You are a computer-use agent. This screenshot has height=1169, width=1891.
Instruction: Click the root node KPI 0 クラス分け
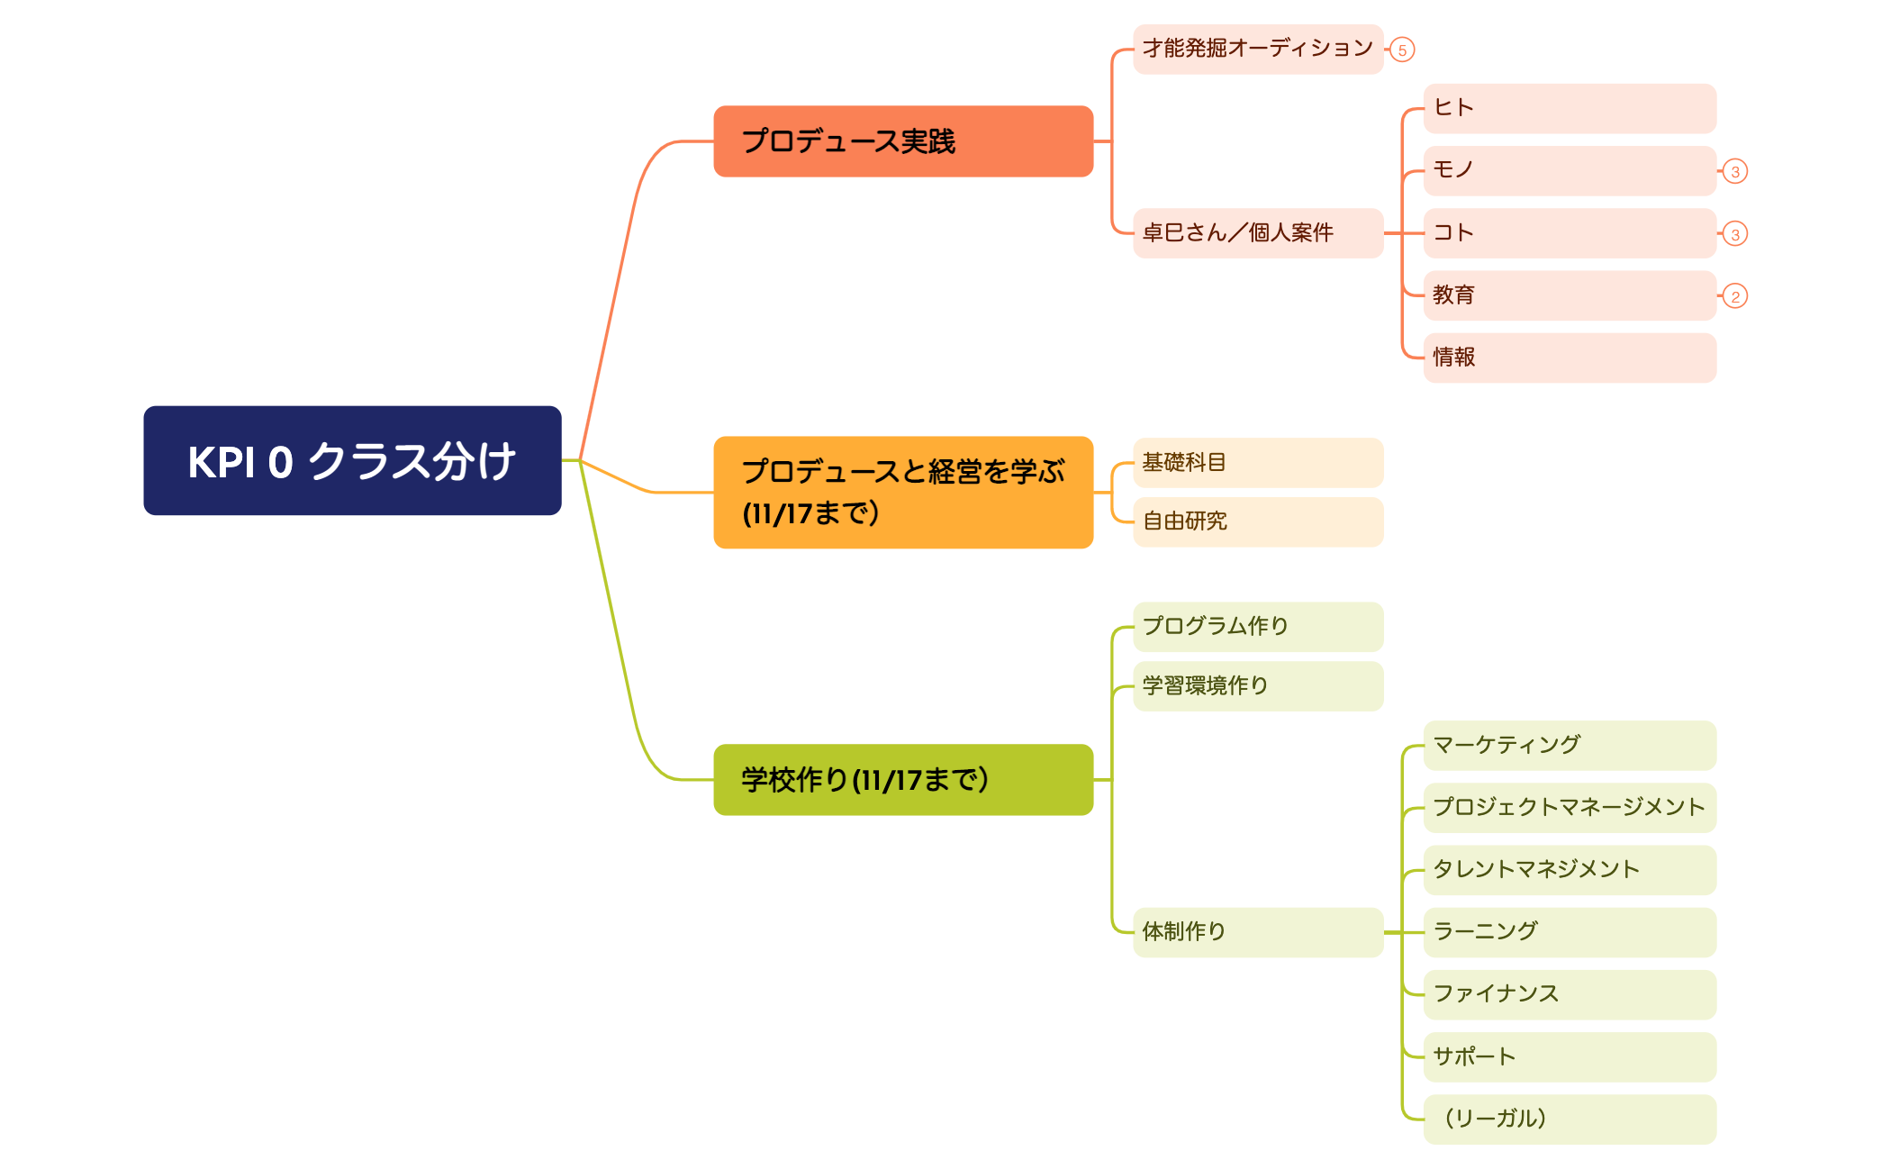[x=352, y=460]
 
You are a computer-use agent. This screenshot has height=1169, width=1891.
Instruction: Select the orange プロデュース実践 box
[x=902, y=141]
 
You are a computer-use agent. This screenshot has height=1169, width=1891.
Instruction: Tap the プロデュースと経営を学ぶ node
[x=902, y=492]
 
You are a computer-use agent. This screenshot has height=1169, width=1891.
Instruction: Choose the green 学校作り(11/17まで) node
[x=902, y=779]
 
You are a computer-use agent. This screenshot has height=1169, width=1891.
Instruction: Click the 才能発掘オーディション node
[x=1257, y=49]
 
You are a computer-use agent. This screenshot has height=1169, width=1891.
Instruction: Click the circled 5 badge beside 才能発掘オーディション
[x=1402, y=50]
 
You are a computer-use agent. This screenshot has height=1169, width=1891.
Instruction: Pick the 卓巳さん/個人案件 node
[x=1257, y=233]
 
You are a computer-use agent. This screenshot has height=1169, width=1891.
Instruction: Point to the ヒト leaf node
[x=1569, y=108]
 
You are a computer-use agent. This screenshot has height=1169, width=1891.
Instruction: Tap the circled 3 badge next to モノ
[x=1735, y=171]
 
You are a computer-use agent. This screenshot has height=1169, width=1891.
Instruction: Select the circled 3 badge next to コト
[x=1735, y=234]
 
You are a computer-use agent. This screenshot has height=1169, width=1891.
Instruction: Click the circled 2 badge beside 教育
[x=1735, y=296]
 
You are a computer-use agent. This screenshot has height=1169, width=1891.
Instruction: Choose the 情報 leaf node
[x=1569, y=358]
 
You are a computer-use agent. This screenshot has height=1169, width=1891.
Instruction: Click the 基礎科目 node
[x=1257, y=463]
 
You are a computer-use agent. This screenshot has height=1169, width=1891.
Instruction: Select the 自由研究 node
[x=1257, y=521]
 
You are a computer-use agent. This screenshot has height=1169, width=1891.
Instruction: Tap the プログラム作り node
[x=1257, y=627]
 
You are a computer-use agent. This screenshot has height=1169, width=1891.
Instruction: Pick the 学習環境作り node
[x=1257, y=686]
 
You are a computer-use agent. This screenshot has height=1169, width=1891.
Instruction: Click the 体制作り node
[x=1257, y=932]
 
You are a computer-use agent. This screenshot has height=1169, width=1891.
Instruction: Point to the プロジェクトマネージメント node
[x=1569, y=808]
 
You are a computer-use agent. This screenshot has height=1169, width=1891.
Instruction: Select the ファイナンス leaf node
[x=1569, y=994]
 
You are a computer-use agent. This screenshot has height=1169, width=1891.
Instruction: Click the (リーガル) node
[x=1569, y=1119]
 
